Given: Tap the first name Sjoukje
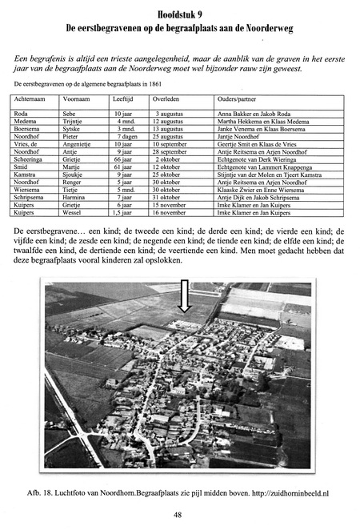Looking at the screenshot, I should (74, 174).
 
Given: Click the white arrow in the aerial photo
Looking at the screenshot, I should (183, 298).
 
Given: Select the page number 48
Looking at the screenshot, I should (180, 515).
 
